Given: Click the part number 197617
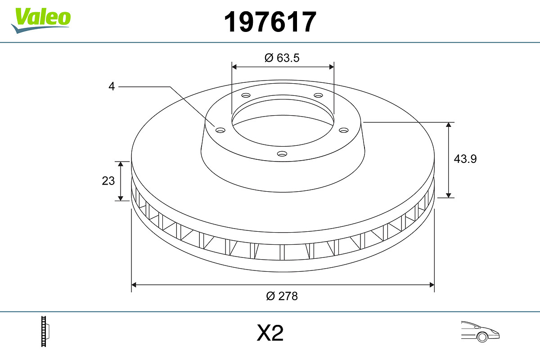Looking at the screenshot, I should [x=270, y=22].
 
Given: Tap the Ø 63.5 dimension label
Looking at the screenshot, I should [x=282, y=58].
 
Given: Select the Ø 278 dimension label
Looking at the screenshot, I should [x=282, y=296].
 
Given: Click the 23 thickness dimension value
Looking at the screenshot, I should [x=108, y=181].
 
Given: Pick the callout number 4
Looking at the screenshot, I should [x=112, y=86].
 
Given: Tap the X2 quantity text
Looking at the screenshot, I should [x=270, y=334].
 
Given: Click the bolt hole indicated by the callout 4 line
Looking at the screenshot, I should [x=220, y=130].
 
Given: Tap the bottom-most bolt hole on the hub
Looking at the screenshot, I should [x=282, y=154].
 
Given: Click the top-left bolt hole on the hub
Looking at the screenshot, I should [x=246, y=95].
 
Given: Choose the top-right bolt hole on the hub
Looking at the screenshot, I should [x=319, y=95].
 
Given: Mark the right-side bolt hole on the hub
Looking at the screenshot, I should [x=344, y=130].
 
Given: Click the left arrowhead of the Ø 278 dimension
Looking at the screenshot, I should [x=134, y=284].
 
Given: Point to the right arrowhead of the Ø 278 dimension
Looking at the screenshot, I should [x=432, y=284].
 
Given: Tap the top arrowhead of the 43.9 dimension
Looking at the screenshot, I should [x=449, y=125].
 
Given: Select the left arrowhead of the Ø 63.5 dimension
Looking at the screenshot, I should [x=234, y=67].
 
